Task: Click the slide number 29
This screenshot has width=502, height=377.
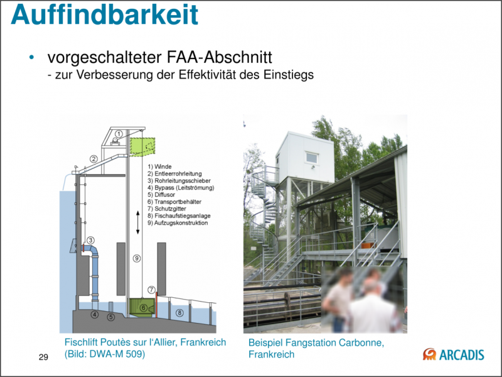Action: coord(43,358)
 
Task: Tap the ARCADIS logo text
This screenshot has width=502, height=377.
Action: coord(461,354)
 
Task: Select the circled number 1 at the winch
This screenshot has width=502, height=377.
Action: coord(119,133)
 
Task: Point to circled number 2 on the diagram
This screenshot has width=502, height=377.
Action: coord(93,159)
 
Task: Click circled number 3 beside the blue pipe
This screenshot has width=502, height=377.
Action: coord(90,240)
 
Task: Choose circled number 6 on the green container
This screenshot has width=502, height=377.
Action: coord(143,308)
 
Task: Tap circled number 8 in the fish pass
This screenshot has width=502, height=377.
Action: coord(180,312)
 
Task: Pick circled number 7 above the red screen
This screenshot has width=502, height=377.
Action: coord(152,290)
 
